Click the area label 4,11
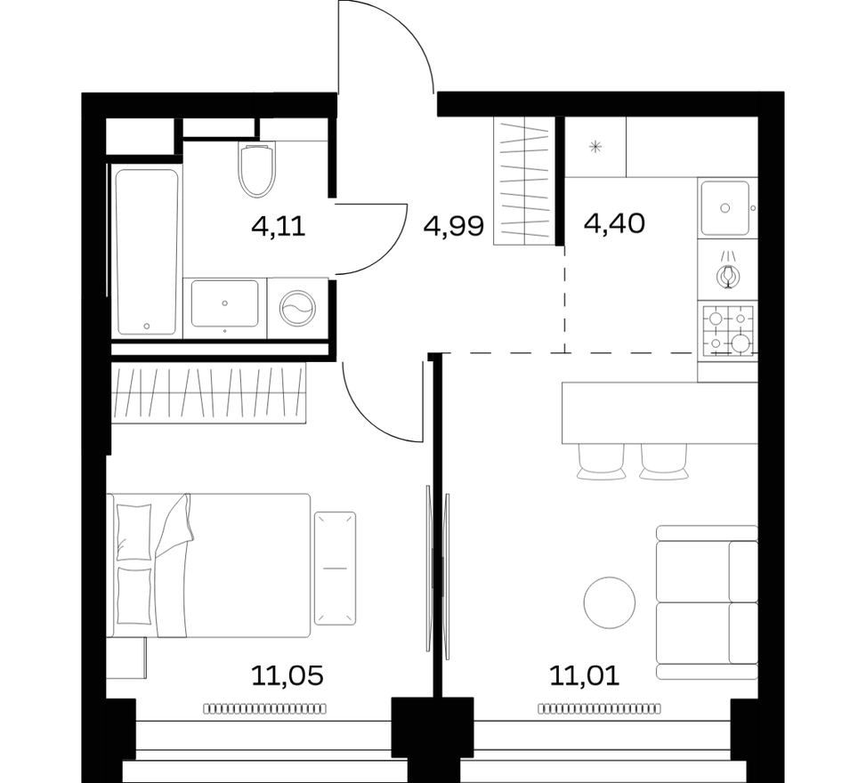[279, 226]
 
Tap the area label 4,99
[454, 226]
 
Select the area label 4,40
[614, 222]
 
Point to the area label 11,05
[287, 676]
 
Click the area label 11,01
[584, 676]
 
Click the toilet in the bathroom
[256, 170]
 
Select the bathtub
[146, 252]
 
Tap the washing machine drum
[297, 309]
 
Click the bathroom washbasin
[225, 304]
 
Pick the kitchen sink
[724, 208]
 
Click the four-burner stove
[729, 329]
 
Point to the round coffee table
[610, 601]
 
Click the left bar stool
[602, 461]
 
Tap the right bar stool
[664, 461]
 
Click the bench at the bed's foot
[335, 568]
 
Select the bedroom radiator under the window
[264, 708]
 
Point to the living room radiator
[599, 708]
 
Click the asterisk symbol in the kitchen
[596, 147]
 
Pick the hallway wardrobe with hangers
[524, 181]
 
